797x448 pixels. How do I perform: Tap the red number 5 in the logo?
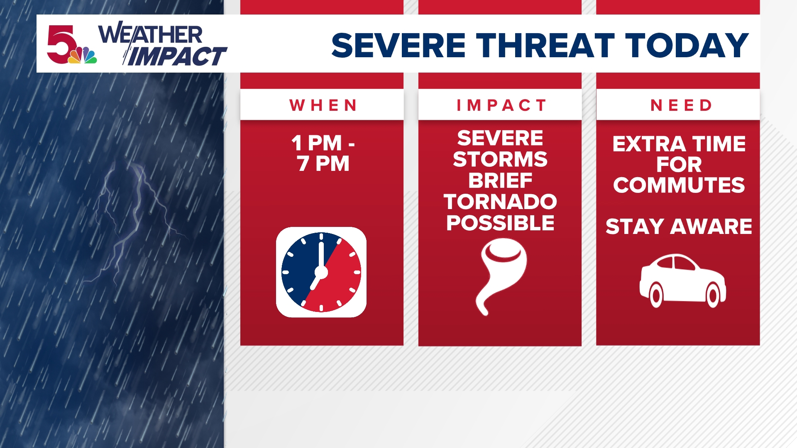(x=60, y=44)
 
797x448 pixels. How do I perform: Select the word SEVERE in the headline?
(x=398, y=45)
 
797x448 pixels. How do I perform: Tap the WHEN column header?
(x=323, y=105)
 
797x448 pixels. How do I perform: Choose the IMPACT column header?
(x=501, y=105)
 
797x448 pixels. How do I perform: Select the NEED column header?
(x=681, y=105)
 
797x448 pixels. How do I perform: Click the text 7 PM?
(x=323, y=163)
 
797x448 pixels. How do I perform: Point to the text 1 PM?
(x=316, y=143)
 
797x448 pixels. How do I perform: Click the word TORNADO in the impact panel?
(x=500, y=202)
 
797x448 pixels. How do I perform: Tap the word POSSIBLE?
(x=500, y=223)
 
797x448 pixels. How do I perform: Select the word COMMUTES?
(x=679, y=185)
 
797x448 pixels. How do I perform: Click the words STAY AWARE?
(x=679, y=226)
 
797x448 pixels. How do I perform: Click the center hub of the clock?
(x=321, y=272)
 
